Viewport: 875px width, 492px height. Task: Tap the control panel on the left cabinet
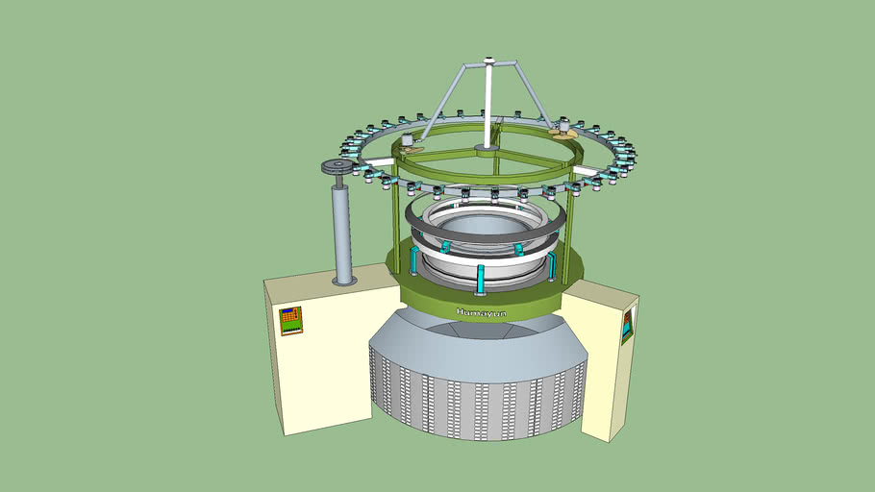point(290,320)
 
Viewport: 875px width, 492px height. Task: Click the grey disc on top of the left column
point(337,169)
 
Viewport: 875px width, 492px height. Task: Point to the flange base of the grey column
point(343,281)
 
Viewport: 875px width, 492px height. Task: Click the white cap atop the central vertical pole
point(488,63)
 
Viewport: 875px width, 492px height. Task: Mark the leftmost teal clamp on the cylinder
point(415,260)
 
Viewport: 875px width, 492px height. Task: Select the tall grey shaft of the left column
point(340,231)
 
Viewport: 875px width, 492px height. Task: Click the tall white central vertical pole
point(488,106)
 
